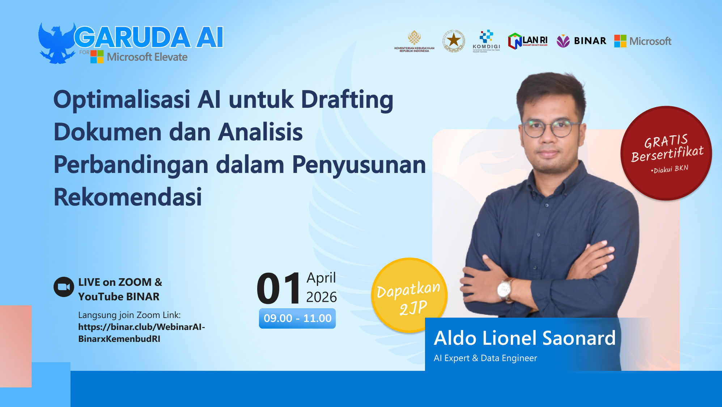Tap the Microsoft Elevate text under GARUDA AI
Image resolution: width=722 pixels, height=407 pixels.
147,57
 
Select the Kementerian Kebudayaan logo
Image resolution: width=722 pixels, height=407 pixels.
414,41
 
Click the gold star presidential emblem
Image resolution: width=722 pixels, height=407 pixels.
454,41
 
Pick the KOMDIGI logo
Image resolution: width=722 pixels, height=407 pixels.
487,41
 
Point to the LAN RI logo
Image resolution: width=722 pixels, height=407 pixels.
528,41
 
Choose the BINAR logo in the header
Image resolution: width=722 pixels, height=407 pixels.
581,41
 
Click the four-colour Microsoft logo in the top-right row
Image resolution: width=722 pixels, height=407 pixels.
620,41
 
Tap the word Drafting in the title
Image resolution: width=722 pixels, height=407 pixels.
347,99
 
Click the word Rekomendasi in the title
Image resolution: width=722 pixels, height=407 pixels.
128,197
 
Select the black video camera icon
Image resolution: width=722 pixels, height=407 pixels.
64,287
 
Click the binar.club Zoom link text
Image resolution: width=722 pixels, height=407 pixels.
141,333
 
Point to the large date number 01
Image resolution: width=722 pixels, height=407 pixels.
279,289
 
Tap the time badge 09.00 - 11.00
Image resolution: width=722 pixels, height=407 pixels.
297,318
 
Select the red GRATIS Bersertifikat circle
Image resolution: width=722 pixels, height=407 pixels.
666,153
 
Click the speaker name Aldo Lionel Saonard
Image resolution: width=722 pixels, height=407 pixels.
524,338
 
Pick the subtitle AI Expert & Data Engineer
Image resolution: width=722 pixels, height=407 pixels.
485,358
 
